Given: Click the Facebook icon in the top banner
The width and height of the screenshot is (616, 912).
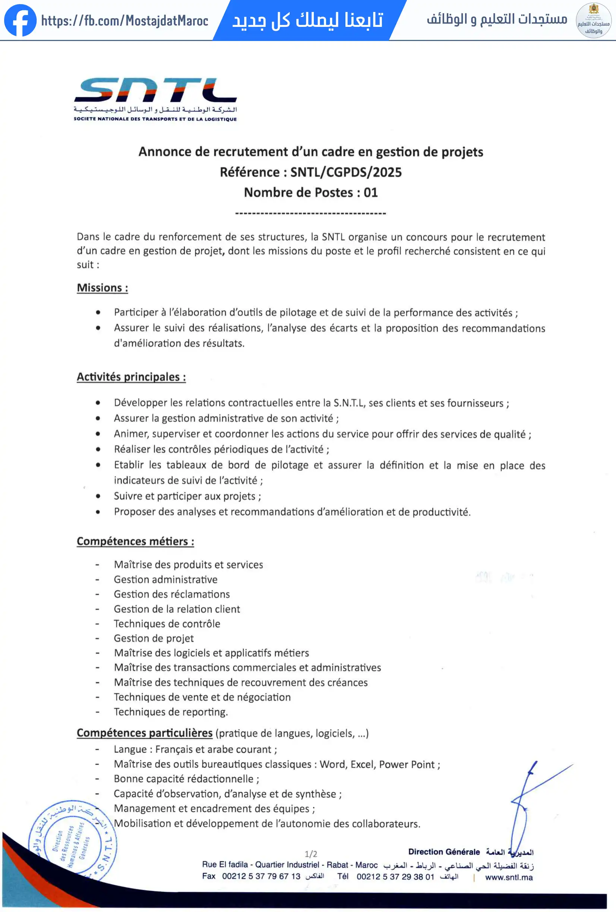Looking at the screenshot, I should [20, 20].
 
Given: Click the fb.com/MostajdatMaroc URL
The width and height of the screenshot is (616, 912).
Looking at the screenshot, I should [124, 21].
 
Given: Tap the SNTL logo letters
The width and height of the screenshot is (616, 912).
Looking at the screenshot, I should [155, 90].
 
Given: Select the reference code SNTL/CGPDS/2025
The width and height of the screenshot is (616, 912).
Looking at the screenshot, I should [346, 172].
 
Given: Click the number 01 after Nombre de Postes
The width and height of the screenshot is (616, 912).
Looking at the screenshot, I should [370, 192].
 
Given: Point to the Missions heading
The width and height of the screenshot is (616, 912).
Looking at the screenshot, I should [102, 288].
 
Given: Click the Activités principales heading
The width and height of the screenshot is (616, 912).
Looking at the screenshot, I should [131, 377].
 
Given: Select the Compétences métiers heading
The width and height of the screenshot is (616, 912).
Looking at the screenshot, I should [135, 541].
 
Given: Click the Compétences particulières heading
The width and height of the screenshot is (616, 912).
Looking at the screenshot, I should [144, 733].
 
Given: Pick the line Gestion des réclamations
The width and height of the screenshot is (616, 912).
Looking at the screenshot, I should [171, 594].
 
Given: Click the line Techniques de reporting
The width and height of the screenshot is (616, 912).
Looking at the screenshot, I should [171, 712].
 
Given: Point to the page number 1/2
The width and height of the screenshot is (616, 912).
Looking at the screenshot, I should [311, 854].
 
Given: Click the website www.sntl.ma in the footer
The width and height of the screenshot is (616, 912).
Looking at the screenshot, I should [509, 877].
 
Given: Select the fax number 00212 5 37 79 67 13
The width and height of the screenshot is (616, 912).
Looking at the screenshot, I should [261, 876].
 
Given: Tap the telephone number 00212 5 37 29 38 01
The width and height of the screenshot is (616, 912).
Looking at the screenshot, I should [395, 877].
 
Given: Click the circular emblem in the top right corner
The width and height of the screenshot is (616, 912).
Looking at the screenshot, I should [593, 20].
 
